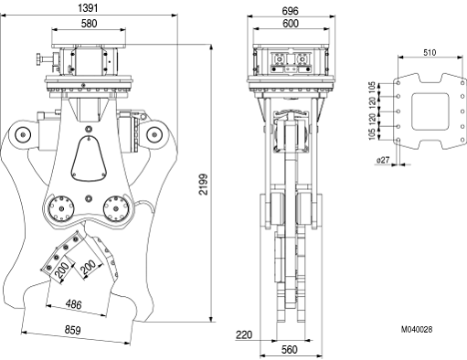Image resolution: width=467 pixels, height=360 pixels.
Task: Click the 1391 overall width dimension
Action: click(x=88, y=8)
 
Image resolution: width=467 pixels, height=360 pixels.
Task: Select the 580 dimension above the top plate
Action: click(x=89, y=24)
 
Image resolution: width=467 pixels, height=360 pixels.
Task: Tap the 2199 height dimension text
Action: click(x=203, y=185)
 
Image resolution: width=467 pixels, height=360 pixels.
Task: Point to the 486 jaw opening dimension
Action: click(x=74, y=304)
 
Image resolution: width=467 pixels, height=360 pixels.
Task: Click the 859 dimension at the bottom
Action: click(x=72, y=330)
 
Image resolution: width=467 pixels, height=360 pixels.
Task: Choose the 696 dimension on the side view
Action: click(x=290, y=11)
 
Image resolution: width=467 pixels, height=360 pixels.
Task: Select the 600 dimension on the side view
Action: click(x=291, y=24)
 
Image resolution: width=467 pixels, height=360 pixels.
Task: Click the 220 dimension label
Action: click(x=244, y=335)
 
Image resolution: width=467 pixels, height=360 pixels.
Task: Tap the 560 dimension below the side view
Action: click(x=289, y=350)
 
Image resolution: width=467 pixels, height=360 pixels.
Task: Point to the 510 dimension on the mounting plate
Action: click(x=430, y=53)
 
